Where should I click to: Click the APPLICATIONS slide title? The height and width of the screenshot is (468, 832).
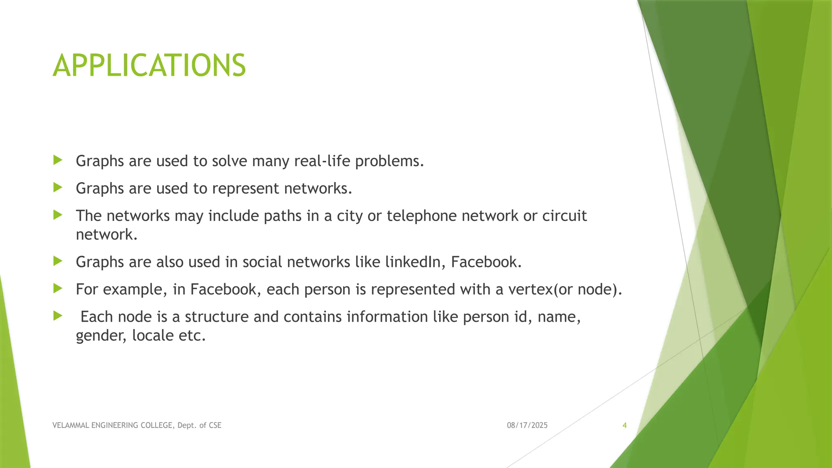149,65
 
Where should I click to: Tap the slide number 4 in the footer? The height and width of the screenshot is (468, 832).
624,425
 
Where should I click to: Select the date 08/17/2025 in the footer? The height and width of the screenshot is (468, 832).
527,425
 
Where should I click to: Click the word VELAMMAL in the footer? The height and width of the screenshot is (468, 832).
70,425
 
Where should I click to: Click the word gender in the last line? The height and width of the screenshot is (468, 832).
101,336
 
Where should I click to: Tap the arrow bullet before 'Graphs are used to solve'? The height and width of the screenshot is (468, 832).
58,160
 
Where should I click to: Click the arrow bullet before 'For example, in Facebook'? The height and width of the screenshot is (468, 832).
58,288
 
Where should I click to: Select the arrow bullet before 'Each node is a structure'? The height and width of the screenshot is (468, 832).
58,316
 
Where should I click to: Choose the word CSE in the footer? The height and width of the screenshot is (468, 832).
215,425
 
